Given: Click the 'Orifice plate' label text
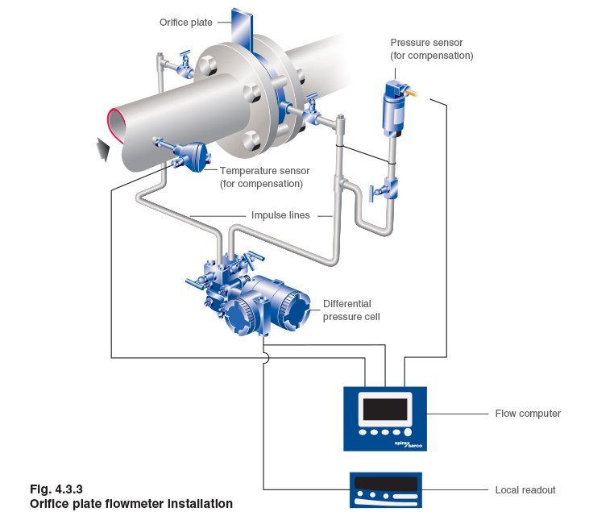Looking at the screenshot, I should click(x=185, y=23).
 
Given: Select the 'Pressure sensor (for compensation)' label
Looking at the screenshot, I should click(x=431, y=49).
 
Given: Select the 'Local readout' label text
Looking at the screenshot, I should click(x=525, y=489).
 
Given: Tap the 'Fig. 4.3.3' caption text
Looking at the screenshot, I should click(x=56, y=489).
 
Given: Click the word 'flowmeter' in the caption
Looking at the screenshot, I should click(x=134, y=503).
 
